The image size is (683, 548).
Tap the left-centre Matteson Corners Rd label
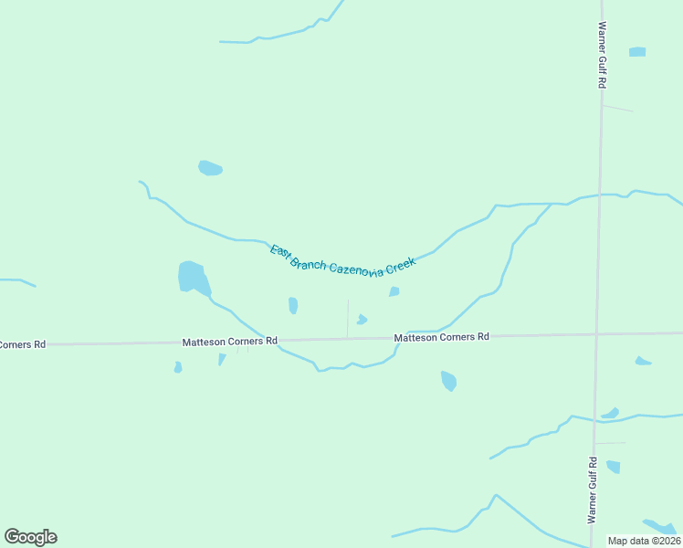click(229, 342)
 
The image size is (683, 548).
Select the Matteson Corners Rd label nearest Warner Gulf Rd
click(441, 337)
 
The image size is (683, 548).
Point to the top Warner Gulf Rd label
click(603, 55)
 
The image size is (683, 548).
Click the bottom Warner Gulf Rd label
click(592, 490)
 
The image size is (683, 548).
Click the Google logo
click(30, 537)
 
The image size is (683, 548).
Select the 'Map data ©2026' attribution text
click(645, 541)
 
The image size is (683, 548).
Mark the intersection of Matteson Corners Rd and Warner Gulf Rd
click(596, 334)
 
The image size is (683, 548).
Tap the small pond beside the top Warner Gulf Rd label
click(637, 52)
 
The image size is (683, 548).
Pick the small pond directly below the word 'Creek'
click(394, 292)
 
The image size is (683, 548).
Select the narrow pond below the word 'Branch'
click(293, 305)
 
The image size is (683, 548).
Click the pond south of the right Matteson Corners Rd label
click(448, 380)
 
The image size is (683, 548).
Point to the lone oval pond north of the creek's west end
click(210, 168)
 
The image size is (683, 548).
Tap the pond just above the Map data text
click(659, 527)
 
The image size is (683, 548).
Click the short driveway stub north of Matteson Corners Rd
click(347, 318)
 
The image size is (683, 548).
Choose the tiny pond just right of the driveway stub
click(362, 320)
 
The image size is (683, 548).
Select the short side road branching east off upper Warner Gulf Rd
click(617, 108)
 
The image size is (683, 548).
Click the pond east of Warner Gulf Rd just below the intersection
click(643, 362)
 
